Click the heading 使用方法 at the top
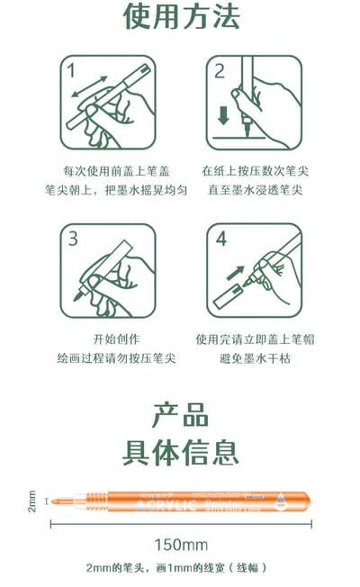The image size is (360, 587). [x=180, y=18]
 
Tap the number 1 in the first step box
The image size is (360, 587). [x=71, y=68]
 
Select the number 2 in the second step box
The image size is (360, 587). [x=220, y=70]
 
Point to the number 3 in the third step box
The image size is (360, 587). [x=74, y=239]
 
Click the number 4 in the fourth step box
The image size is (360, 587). [x=220, y=239]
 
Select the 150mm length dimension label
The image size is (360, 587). [x=180, y=545]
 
